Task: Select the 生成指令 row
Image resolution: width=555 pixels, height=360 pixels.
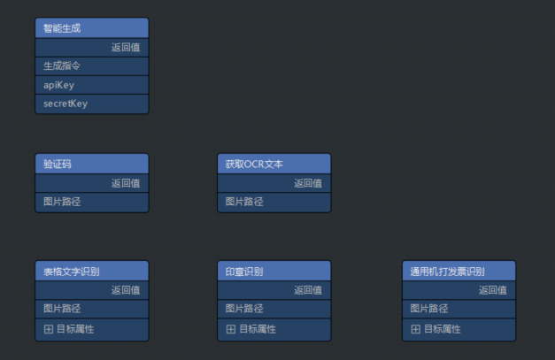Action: (62, 65)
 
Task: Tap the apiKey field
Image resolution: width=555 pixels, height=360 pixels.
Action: (58, 85)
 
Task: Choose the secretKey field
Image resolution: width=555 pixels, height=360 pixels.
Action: (66, 103)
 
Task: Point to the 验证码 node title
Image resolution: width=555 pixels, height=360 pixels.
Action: (58, 164)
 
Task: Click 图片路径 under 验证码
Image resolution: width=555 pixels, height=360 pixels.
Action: (62, 202)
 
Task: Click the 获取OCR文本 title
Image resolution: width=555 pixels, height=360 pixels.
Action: (254, 164)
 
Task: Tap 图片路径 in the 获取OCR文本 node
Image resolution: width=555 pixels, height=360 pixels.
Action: (244, 202)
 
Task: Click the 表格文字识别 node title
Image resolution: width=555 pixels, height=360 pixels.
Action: (72, 271)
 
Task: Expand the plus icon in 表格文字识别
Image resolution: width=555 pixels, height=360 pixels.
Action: (49, 329)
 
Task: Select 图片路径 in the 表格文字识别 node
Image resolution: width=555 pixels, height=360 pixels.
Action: (62, 309)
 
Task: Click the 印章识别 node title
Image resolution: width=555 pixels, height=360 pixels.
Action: (244, 271)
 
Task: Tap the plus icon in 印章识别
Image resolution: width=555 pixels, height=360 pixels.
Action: (231, 329)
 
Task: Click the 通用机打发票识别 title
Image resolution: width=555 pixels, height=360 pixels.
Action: (448, 271)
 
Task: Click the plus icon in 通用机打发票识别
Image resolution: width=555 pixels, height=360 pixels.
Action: (416, 329)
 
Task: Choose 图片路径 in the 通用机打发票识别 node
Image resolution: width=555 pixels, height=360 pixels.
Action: (429, 309)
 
